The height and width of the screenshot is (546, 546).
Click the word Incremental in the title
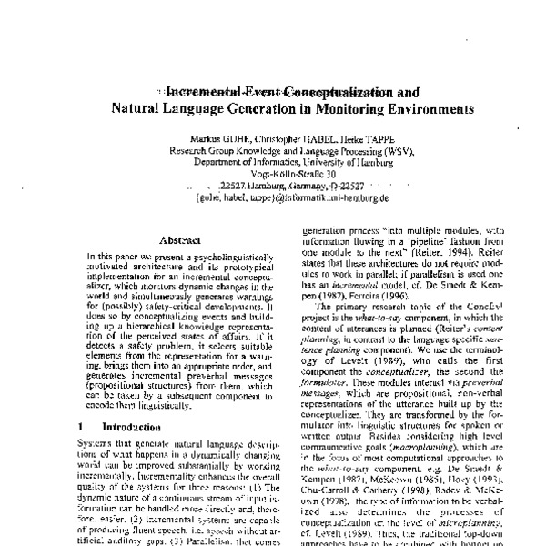pos(203,92)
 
